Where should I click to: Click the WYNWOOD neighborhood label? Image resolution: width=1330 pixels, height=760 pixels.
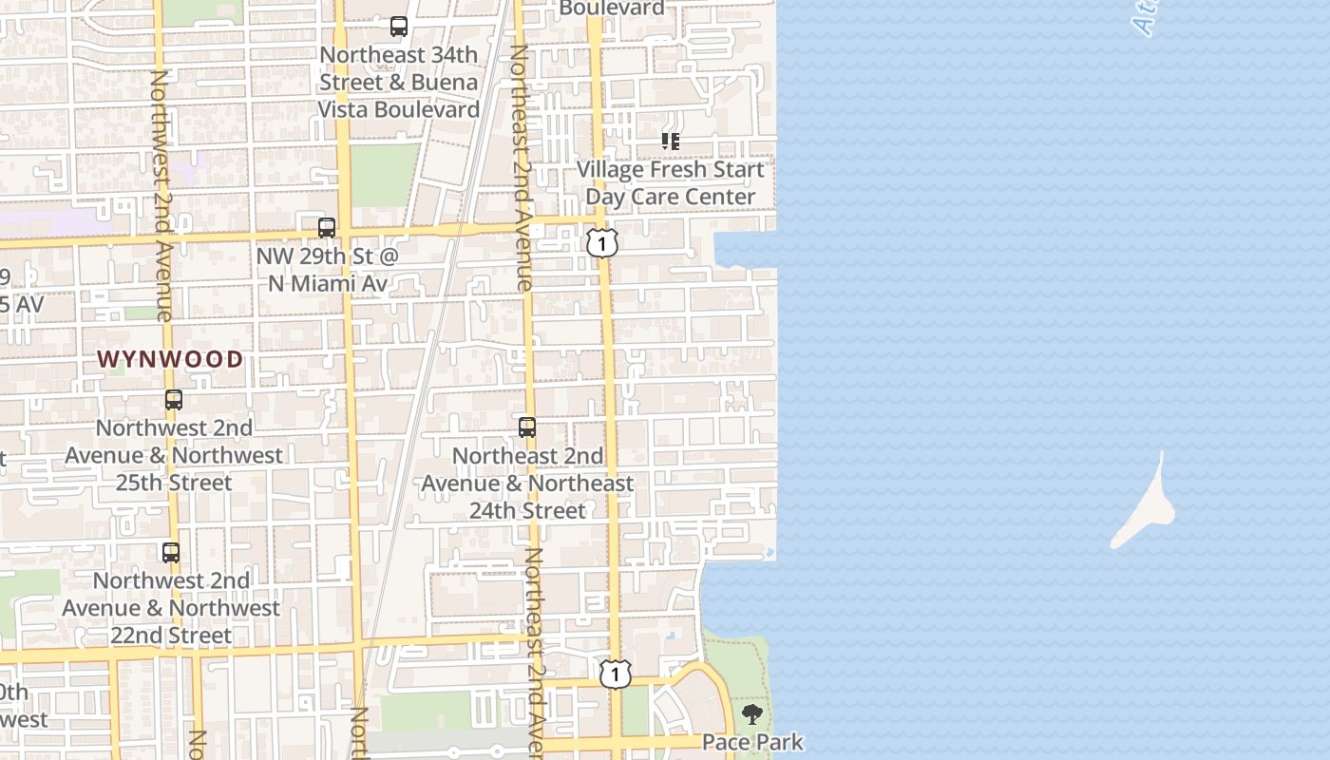[171, 359]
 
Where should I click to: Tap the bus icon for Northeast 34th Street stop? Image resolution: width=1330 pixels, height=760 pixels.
[399, 27]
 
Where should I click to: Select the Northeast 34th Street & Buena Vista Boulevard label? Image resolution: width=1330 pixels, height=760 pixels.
[398, 83]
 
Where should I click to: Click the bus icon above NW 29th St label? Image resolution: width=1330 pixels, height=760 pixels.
[327, 228]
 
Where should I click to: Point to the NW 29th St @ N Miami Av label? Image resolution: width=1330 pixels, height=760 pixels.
[328, 271]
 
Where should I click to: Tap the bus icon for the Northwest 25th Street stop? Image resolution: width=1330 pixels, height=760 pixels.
[173, 400]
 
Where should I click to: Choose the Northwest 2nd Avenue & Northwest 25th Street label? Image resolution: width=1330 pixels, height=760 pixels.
[174, 455]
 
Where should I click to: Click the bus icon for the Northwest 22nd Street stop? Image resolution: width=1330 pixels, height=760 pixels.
[171, 552]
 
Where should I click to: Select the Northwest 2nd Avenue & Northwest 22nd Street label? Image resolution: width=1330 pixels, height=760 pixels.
[172, 608]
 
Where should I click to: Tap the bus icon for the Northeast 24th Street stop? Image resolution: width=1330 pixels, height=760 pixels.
[527, 427]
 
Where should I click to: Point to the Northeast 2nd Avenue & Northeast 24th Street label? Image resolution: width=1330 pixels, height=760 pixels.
[527, 484]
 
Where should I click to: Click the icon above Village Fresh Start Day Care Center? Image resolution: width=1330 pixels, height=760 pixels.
[671, 142]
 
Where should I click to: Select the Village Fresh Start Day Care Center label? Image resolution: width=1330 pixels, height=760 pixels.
[671, 183]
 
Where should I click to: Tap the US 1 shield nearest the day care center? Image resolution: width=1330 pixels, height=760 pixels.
[602, 243]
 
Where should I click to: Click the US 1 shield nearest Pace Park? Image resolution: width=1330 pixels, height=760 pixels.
[616, 674]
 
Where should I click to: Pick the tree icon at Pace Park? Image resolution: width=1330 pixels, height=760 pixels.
[752, 714]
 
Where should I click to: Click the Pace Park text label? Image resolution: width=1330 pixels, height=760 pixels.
[752, 742]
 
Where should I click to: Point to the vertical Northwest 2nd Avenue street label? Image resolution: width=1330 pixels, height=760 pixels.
[161, 195]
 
